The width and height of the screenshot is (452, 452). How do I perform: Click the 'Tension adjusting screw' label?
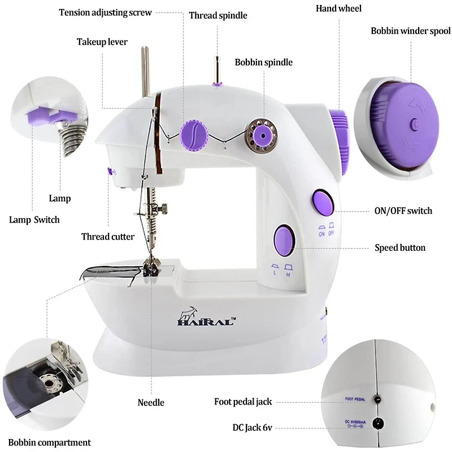pyautogui.click(x=105, y=12)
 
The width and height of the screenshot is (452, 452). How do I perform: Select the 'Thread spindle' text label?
pyautogui.click(x=218, y=15)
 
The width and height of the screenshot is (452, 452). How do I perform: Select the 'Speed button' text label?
pyautogui.click(x=400, y=247)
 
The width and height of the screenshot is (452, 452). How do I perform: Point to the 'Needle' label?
pyautogui.click(x=151, y=402)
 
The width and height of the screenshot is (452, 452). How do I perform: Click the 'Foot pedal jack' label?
pyautogui.click(x=243, y=402)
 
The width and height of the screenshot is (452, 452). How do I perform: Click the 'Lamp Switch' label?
pyautogui.click(x=33, y=219)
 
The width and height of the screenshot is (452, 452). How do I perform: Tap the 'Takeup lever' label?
pyautogui.click(x=102, y=42)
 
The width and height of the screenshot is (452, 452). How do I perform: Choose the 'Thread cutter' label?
pyautogui.click(x=108, y=236)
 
